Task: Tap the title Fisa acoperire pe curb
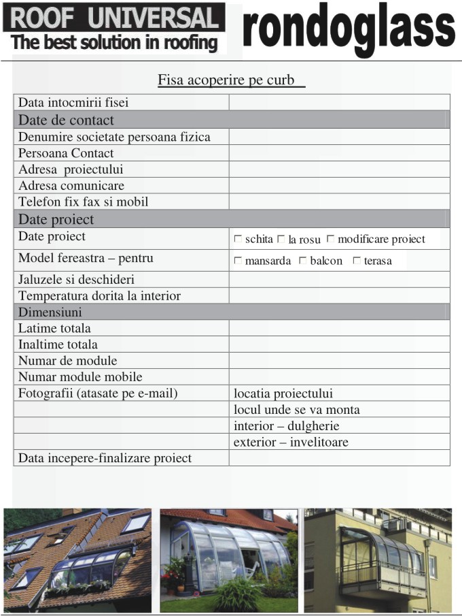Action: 231,80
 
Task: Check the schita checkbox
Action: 238,239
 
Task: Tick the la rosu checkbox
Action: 281,239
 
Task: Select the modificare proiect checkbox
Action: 330,239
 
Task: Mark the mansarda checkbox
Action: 238,261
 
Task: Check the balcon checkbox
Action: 303,261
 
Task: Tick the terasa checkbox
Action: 356,261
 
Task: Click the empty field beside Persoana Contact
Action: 339,153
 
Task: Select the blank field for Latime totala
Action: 339,328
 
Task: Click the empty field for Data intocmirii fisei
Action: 339,103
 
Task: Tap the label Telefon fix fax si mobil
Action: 84,201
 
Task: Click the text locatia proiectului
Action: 283,393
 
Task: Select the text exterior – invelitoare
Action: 291,442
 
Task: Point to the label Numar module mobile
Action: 80,377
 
